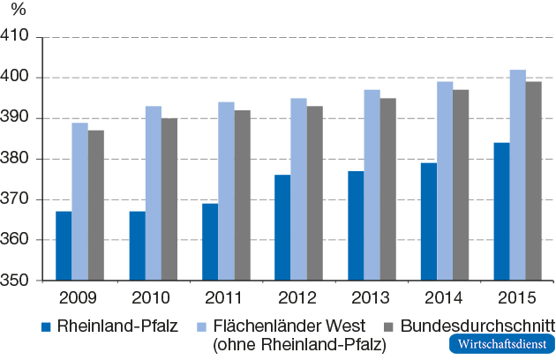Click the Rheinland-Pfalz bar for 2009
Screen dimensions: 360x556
(x=64, y=246)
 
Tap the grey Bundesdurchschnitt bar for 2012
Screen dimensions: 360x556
(x=314, y=193)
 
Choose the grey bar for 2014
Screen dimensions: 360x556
(x=461, y=185)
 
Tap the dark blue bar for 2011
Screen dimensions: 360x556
(x=210, y=242)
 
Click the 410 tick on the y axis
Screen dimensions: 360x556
(x=18, y=37)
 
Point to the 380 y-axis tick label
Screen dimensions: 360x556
(x=18, y=159)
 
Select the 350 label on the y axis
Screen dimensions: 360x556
(x=18, y=281)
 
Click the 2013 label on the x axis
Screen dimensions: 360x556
(x=372, y=297)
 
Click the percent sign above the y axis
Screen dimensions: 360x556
(x=19, y=12)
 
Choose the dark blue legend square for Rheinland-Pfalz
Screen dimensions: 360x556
(x=49, y=326)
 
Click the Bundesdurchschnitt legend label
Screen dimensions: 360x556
(x=477, y=326)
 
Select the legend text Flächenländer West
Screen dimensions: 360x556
(x=288, y=326)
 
